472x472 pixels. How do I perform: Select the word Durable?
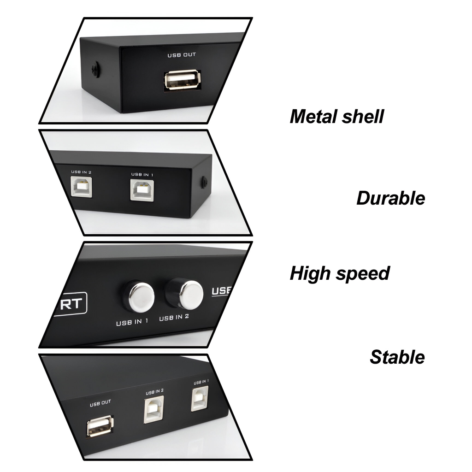(x=390, y=198)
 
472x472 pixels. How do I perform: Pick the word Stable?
(x=397, y=357)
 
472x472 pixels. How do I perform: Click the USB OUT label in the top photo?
(x=182, y=55)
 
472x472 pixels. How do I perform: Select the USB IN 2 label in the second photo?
(x=81, y=172)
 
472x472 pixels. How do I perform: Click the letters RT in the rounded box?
(x=70, y=304)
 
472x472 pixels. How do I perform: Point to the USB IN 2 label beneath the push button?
(x=174, y=318)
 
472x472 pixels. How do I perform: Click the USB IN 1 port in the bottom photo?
(x=200, y=398)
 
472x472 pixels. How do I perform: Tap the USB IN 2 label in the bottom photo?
(x=155, y=392)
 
